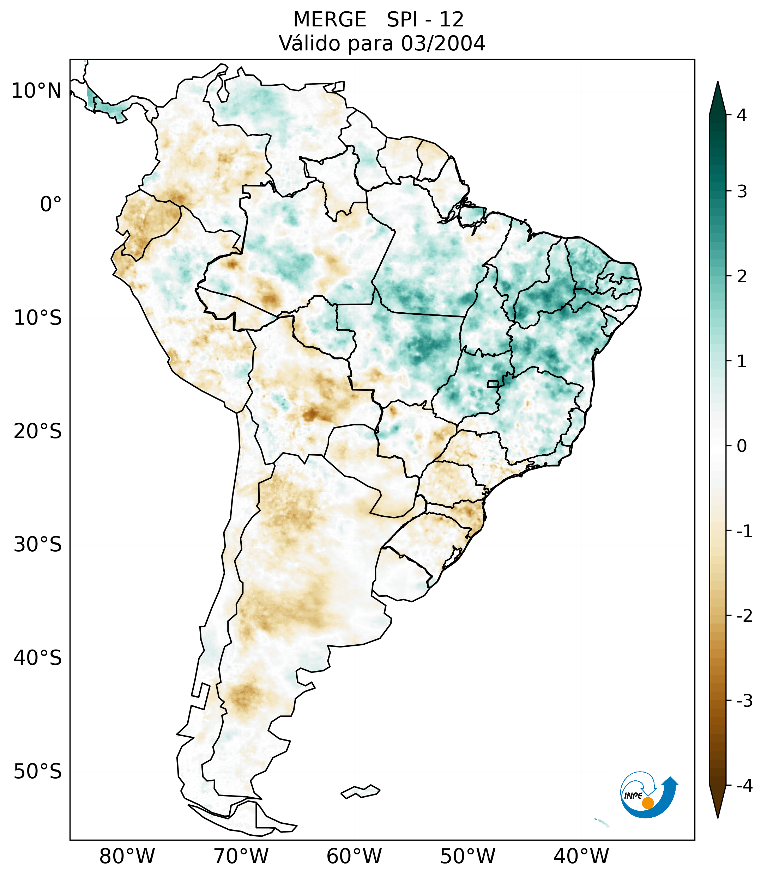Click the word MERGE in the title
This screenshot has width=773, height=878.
[330, 20]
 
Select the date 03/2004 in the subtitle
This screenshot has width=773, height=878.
[443, 43]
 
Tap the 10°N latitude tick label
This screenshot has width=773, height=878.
[37, 91]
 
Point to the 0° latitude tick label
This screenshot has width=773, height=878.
[51, 204]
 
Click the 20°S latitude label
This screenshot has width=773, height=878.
[38, 431]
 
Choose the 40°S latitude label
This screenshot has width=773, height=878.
[38, 658]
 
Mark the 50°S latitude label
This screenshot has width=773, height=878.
[38, 772]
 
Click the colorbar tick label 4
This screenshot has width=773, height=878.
[742, 115]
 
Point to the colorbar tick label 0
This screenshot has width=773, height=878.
[742, 446]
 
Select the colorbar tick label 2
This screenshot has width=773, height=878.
[742, 277]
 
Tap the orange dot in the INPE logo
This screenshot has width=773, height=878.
[648, 803]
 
